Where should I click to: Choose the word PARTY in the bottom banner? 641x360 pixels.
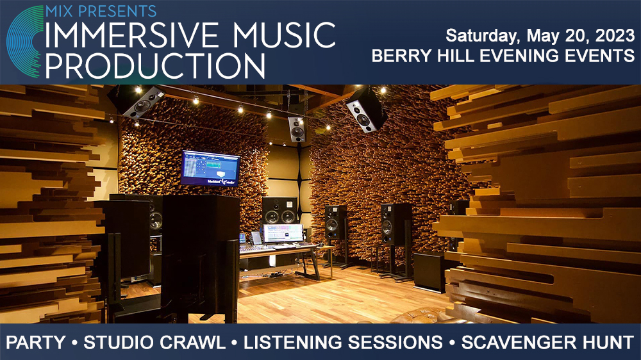[37, 342]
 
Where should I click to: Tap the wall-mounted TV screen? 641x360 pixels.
[210, 168]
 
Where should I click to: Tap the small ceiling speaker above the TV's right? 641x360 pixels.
[297, 129]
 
